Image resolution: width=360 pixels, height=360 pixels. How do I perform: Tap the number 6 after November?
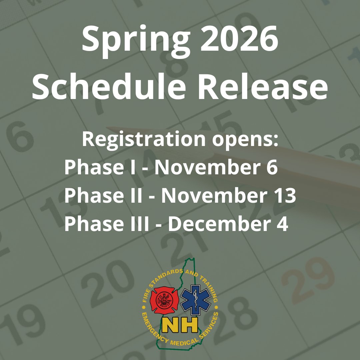[x=272, y=167]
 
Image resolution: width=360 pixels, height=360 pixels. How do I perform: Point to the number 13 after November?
[x=285, y=196]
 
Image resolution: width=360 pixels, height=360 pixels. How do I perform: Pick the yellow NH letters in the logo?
[x=180, y=324]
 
